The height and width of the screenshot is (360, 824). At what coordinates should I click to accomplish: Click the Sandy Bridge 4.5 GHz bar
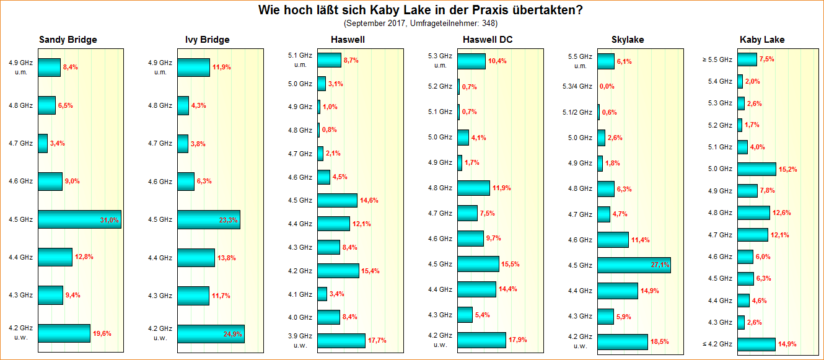tap(79, 219)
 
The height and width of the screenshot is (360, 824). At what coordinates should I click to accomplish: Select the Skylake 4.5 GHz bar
tap(634, 265)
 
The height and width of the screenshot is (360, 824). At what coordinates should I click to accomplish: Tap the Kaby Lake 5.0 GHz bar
tap(756, 169)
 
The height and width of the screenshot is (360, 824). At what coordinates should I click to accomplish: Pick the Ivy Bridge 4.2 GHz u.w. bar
tap(211, 333)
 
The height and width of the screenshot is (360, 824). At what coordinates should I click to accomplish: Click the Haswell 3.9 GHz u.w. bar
tap(341, 341)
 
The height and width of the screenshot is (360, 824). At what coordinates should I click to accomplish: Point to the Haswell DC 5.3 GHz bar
tap(471, 61)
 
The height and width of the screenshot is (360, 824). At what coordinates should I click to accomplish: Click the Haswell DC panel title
tap(488, 40)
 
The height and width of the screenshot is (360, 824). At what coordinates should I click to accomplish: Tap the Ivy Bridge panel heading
tap(207, 40)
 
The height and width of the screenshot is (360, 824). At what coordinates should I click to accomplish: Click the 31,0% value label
tap(109, 220)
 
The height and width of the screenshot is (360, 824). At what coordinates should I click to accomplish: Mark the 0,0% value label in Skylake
tap(607, 87)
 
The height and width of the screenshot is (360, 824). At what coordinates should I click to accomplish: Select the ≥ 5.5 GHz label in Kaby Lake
tap(720, 59)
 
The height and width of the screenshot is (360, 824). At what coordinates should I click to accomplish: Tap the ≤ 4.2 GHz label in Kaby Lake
tap(720, 344)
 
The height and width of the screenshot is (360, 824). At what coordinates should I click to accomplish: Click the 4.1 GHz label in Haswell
tap(300, 294)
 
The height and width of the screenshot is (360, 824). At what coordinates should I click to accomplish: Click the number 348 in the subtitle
tap(488, 24)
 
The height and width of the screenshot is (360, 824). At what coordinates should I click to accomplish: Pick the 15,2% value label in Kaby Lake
tap(788, 169)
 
